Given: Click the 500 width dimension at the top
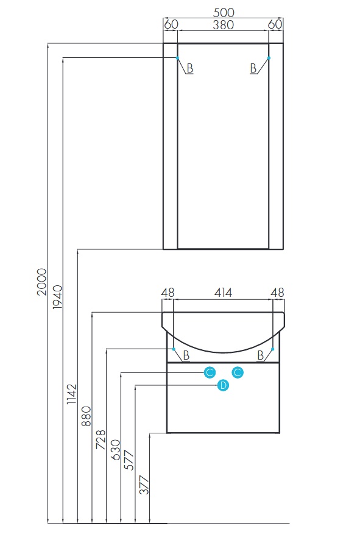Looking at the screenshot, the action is [224, 13].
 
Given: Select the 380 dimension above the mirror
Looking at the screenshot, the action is [223, 24].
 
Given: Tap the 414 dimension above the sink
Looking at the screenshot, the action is [223, 293].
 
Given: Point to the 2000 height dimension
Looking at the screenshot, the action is [41, 282].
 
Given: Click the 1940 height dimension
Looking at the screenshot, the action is [57, 297].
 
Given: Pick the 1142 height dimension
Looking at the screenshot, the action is [71, 394].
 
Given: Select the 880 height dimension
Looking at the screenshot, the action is [86, 416].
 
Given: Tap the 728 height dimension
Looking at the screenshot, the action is [101, 439].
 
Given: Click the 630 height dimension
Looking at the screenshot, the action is [115, 450].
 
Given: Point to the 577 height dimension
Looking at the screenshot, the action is [129, 460].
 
